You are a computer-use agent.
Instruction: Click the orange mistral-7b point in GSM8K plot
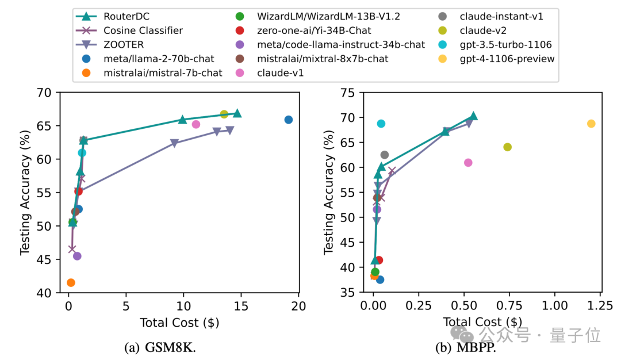click(71, 282)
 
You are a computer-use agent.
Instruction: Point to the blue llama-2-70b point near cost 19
click(289, 120)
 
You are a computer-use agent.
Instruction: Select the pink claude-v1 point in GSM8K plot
click(196, 124)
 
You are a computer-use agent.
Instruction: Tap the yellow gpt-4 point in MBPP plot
click(591, 124)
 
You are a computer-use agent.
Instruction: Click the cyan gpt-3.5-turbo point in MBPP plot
click(381, 124)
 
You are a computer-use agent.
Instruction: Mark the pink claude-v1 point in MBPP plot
click(468, 163)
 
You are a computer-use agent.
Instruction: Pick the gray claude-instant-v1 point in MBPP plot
click(385, 155)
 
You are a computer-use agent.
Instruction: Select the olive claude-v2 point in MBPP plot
click(507, 147)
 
